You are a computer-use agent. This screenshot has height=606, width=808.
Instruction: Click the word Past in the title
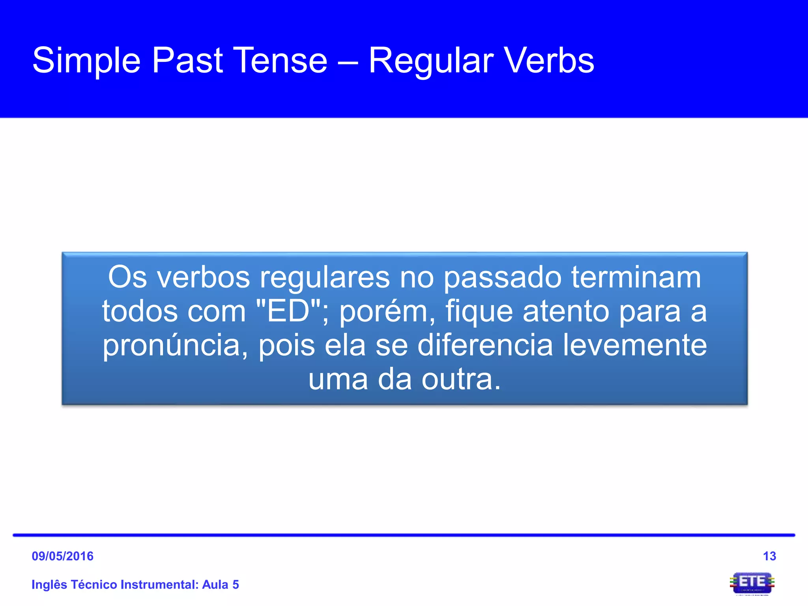point(187,60)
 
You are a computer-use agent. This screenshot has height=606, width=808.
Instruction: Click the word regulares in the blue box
point(325,278)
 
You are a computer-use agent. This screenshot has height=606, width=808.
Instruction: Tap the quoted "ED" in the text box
point(282,311)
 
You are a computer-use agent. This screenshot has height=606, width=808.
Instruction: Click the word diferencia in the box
point(485,345)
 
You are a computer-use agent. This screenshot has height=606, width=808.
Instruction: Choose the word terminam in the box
point(636,277)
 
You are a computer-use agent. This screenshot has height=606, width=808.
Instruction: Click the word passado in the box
point(502,278)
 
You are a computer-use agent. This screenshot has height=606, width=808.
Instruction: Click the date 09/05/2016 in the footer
point(63,556)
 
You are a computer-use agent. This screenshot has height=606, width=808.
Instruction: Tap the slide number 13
point(769,556)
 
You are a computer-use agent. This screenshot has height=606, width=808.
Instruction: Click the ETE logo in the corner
point(752,583)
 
